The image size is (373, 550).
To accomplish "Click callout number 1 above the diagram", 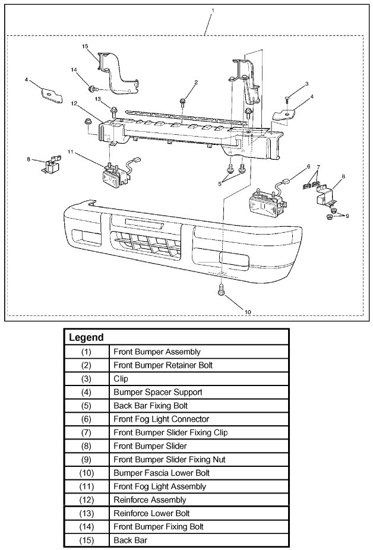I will [x=212, y=11].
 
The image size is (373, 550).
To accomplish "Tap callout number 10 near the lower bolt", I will [x=248, y=311].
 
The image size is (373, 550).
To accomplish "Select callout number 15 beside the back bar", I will [x=84, y=46].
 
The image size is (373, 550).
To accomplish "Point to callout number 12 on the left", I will [x=74, y=103].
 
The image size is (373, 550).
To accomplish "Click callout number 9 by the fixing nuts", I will [x=347, y=215].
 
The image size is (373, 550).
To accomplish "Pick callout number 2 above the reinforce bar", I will [x=195, y=82].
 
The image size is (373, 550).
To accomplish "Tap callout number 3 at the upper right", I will [x=306, y=84].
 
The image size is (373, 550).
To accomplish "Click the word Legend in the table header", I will [x=87, y=337].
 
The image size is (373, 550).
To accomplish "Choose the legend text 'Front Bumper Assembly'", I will [x=156, y=352].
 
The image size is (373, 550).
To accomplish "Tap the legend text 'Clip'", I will [x=121, y=378].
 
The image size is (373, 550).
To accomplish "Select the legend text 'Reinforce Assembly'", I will [x=149, y=500].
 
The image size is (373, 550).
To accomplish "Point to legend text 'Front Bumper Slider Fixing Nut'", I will [x=169, y=459].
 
